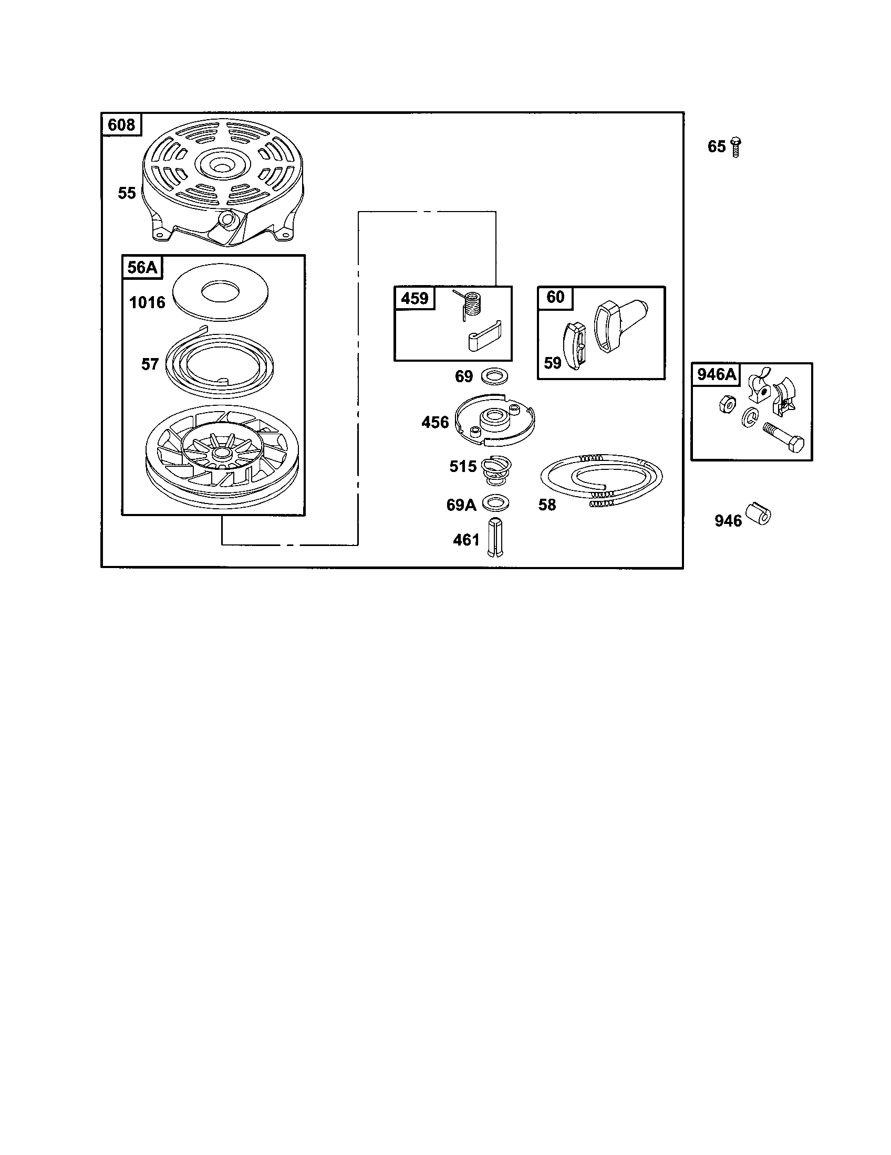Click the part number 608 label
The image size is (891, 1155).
(x=121, y=125)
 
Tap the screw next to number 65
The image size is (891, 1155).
(x=735, y=146)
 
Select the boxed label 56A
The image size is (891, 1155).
(x=142, y=268)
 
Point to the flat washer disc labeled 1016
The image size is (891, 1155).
(x=222, y=292)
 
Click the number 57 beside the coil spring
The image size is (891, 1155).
(x=150, y=364)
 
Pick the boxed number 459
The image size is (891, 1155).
(x=415, y=298)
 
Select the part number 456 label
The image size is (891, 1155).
(x=435, y=422)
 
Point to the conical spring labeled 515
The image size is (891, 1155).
(x=496, y=469)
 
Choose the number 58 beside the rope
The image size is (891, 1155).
(x=547, y=505)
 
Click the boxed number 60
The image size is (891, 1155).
(x=555, y=297)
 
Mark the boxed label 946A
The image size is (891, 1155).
(x=717, y=374)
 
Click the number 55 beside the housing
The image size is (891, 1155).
(x=127, y=193)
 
